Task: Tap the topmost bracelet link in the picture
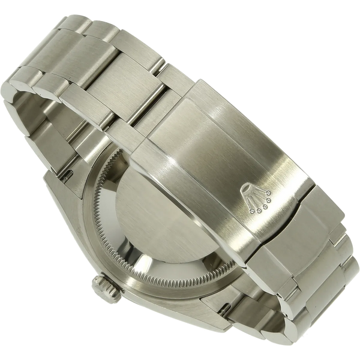96,27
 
